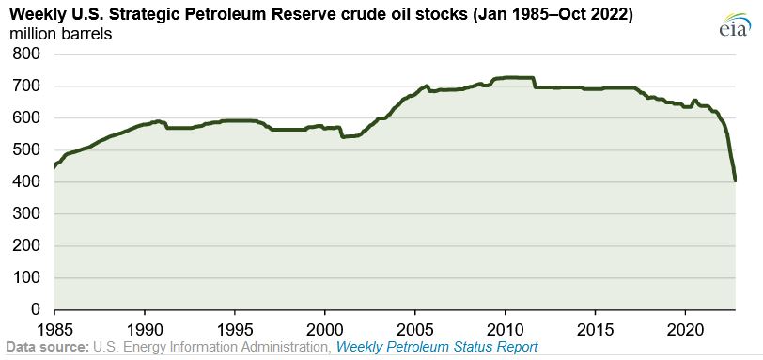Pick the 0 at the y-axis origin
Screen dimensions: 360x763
tap(35, 310)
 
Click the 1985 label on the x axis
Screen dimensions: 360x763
tap(54, 329)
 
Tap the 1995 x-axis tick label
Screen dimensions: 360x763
tap(234, 329)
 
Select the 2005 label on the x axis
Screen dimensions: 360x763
tap(414, 329)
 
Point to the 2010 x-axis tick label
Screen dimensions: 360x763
tap(505, 329)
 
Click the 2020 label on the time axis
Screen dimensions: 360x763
tap(685, 329)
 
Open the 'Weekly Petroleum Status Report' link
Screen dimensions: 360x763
tap(437, 348)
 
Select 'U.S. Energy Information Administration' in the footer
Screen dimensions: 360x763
tap(210, 348)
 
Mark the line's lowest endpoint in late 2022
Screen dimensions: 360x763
tap(735, 180)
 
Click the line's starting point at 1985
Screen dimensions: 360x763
tap(54, 166)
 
